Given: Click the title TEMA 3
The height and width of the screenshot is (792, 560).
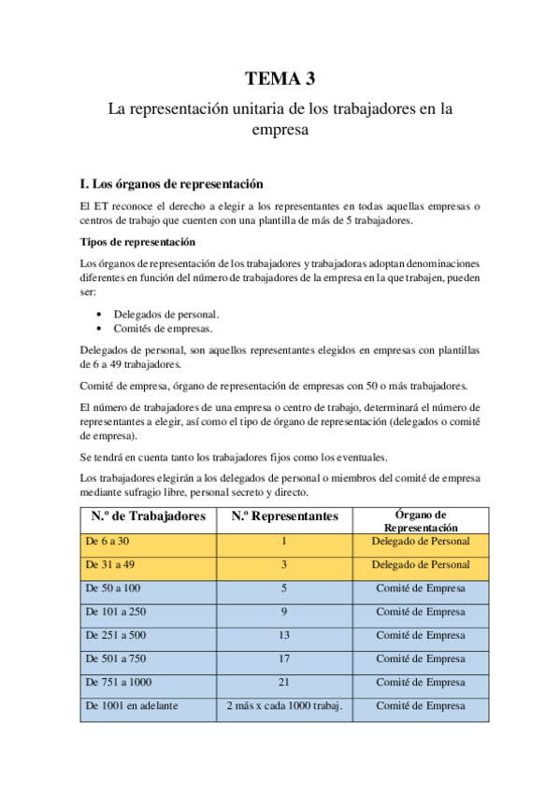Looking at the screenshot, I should (280, 78).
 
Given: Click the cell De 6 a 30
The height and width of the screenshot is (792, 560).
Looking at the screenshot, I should (107, 541).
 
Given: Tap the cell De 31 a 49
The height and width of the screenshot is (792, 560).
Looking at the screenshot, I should (109, 565).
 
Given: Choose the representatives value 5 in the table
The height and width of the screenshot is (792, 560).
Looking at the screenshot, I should (284, 588).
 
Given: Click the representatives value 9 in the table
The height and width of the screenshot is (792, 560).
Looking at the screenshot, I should (284, 612).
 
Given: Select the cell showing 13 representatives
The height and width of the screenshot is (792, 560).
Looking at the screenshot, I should (284, 635).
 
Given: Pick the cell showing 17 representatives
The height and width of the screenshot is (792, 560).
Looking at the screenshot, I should (284, 658).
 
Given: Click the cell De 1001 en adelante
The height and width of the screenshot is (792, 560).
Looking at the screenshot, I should (131, 705).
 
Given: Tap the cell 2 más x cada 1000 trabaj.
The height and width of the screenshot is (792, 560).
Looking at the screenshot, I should (284, 705).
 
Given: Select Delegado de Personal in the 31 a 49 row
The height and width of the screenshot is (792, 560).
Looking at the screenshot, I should (420, 565).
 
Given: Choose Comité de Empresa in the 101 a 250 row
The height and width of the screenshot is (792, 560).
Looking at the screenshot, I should (420, 612).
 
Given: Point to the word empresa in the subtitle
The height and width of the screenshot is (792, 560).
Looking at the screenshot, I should (280, 131).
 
